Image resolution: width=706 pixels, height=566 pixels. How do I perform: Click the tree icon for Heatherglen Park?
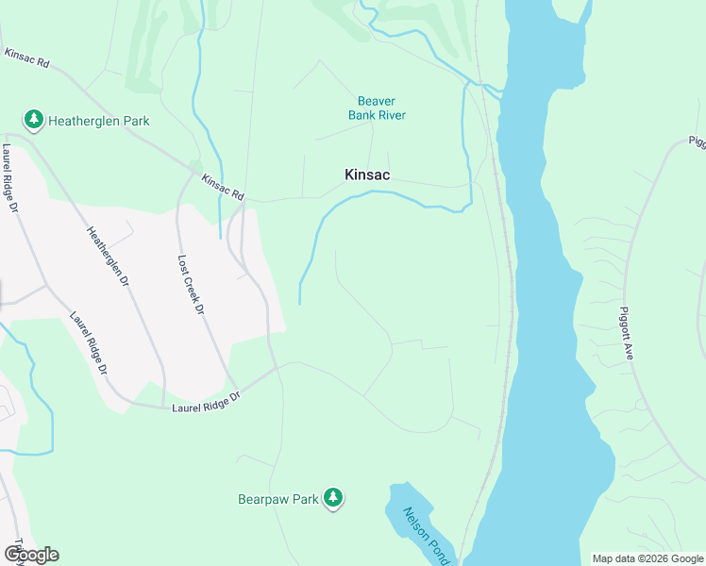pyautogui.click(x=34, y=120)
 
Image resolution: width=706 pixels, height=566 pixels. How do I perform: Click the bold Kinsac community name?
pyautogui.click(x=367, y=175)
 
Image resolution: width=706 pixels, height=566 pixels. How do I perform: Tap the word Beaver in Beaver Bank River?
pyautogui.click(x=376, y=101)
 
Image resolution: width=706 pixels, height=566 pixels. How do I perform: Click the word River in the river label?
pyautogui.click(x=390, y=115)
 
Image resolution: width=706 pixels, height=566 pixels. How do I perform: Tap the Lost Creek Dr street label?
pyautogui.click(x=190, y=283)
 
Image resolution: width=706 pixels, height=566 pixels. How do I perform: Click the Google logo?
pyautogui.click(x=31, y=555)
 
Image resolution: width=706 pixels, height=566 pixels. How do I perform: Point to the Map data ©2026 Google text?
pyautogui.click(x=647, y=558)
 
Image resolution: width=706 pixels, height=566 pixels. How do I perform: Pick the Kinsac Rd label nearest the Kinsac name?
pyautogui.click(x=223, y=187)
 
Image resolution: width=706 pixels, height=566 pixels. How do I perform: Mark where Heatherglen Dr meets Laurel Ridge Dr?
pyautogui.click(x=164, y=407)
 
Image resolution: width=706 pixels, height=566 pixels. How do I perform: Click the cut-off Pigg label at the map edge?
pyautogui.click(x=697, y=142)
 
